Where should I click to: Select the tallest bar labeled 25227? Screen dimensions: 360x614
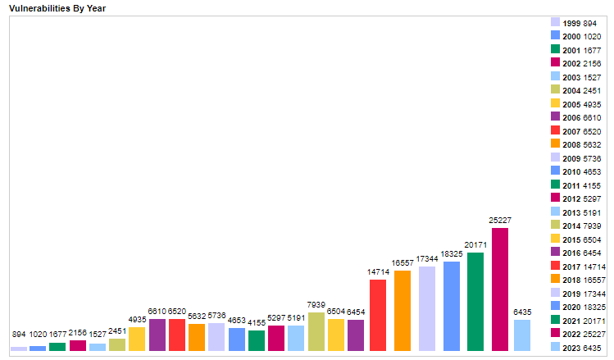tap(500, 289)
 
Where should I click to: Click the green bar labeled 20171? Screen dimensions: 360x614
tap(475, 302)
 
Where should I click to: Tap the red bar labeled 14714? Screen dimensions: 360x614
tap(378, 315)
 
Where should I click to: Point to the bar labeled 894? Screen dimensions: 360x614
tap(18, 349)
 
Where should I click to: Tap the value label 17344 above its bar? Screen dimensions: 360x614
tap(426, 259)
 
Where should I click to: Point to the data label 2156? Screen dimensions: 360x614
tap(78, 334)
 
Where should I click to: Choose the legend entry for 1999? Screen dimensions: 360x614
tap(579, 23)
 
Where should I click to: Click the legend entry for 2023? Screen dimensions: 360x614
tap(579, 347)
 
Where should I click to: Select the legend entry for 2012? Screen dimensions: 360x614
tap(579, 198)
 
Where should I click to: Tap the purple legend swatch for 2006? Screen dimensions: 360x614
tap(555, 117)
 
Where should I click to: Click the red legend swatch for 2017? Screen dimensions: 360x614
tap(555, 266)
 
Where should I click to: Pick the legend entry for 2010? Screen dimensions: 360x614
tap(579, 171)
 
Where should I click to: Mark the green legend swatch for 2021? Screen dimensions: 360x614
tap(555, 320)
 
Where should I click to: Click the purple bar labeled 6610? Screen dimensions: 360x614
tap(157, 335)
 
